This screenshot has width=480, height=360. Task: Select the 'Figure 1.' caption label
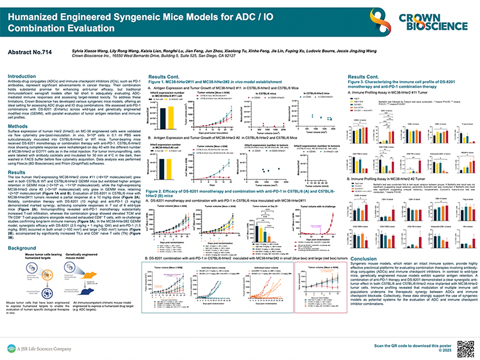158,82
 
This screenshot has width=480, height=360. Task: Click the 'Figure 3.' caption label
358,82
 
